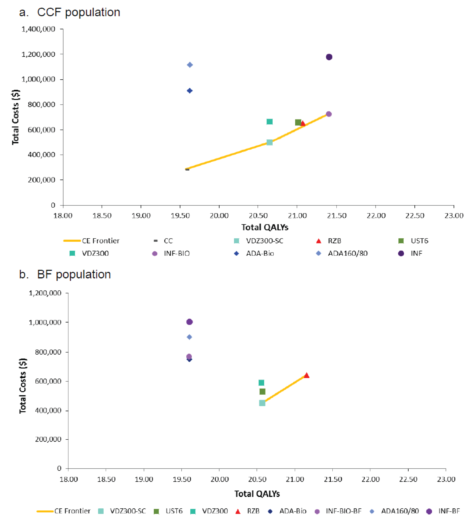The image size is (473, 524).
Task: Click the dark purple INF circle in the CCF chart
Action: [329, 57]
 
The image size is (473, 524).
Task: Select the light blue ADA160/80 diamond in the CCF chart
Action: [190, 65]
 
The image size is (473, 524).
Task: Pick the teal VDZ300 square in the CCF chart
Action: [270, 122]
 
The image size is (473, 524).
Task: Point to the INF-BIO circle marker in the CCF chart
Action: [329, 114]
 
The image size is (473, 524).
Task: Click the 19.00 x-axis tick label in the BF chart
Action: [144, 479]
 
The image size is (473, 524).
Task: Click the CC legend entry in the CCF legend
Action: [168, 241]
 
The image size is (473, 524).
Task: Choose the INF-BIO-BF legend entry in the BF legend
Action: [343, 511]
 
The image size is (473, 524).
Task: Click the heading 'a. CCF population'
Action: [70, 12]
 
